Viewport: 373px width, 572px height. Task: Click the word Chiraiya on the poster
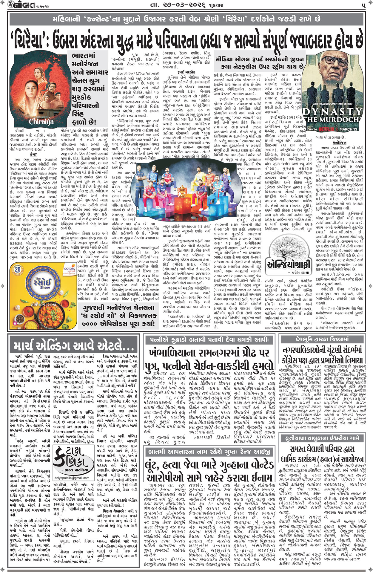(x=41, y=122)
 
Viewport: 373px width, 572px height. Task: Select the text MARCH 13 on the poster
(x=349, y=129)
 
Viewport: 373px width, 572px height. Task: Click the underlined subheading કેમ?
(x=33, y=155)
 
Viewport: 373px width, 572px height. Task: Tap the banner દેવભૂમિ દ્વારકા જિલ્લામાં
(x=322, y=339)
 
